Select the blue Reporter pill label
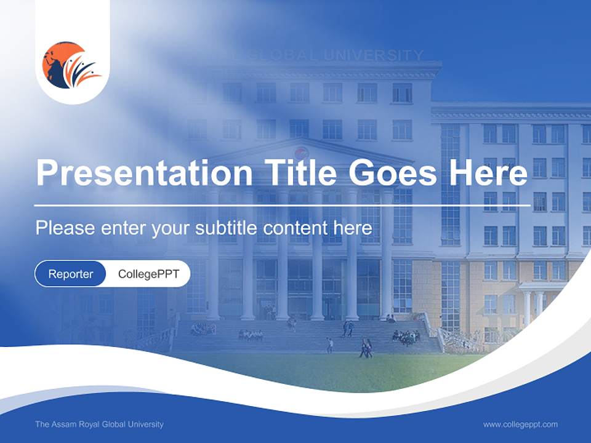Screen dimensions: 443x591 [71, 274]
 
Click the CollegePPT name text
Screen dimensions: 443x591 [148, 274]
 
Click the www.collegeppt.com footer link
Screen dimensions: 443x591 [520, 425]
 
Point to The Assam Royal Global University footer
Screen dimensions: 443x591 [99, 425]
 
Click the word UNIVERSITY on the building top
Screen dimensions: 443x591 [374, 55]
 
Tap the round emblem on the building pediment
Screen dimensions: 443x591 [300, 153]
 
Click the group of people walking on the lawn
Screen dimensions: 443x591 [365, 349]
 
